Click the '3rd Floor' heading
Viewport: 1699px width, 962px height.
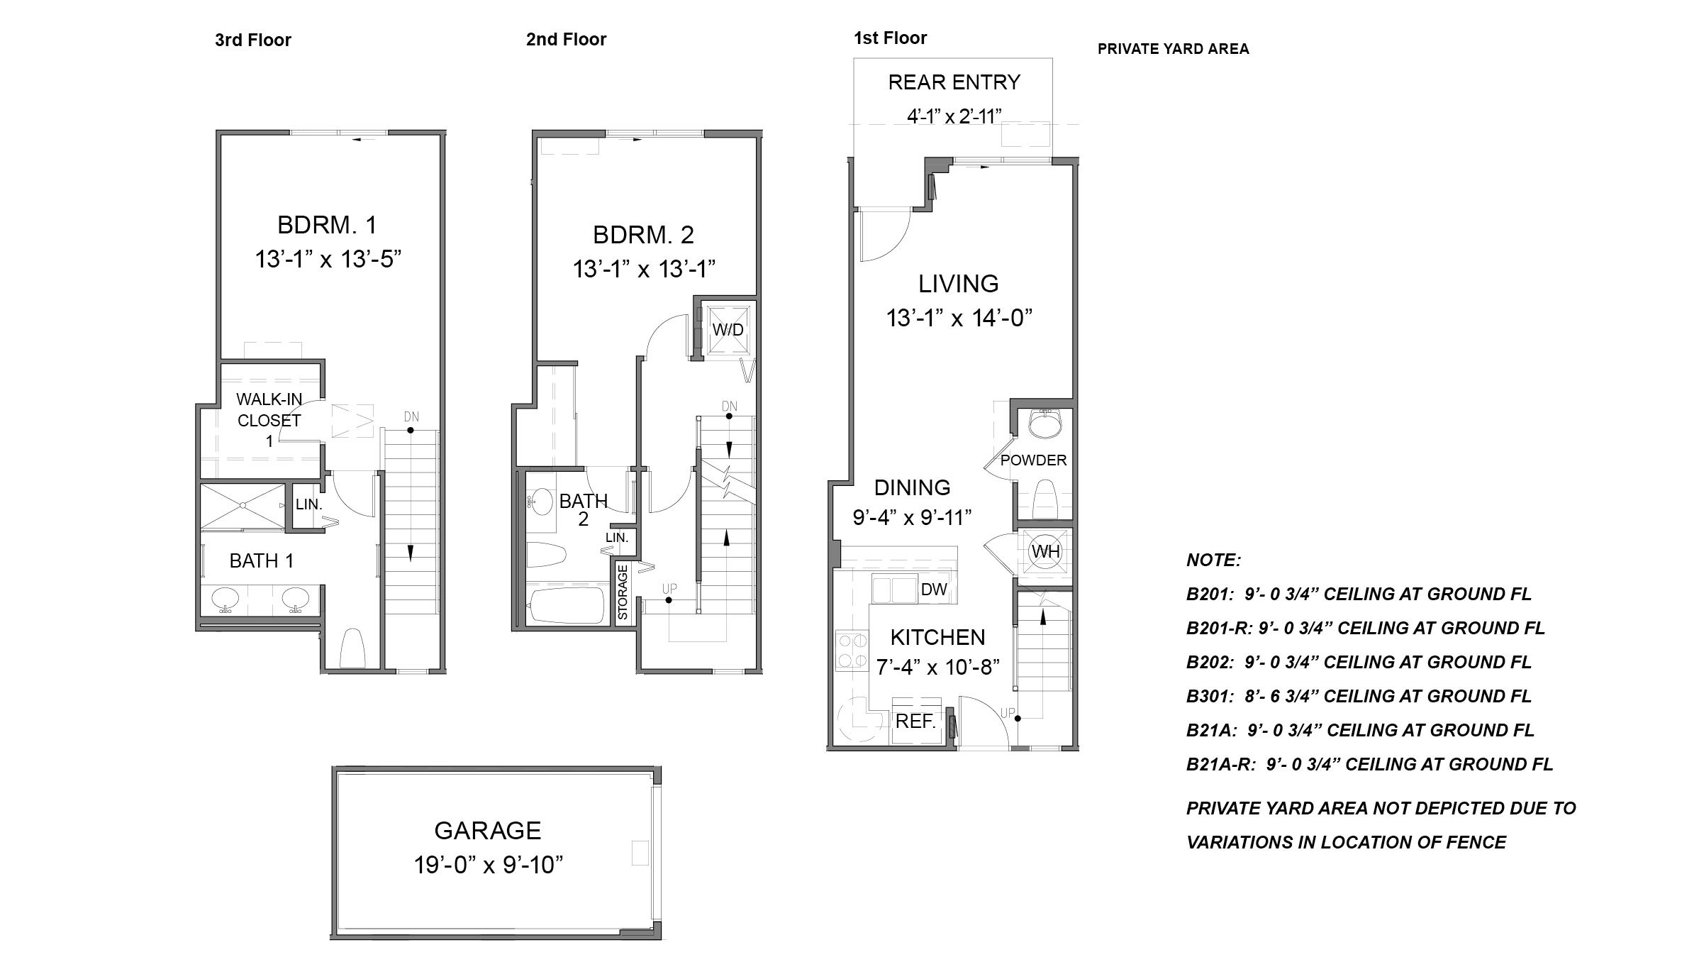252,40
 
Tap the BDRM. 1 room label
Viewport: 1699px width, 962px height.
326,225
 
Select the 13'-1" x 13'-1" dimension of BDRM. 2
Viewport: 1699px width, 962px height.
643,269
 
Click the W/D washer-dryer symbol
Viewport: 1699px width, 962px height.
728,330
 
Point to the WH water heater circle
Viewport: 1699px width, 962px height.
1045,551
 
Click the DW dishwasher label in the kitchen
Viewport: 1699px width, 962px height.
934,589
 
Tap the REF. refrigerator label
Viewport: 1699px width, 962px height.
915,721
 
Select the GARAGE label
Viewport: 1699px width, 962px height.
487,830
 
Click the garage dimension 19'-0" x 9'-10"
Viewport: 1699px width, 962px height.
488,865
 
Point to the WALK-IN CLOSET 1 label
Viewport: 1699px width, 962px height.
269,420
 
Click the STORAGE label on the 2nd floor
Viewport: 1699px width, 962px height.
623,592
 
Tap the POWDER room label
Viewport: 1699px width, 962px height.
1033,460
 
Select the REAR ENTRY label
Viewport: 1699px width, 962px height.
954,82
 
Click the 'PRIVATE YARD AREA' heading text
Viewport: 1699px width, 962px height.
1173,49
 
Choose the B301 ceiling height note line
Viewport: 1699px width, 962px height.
1359,696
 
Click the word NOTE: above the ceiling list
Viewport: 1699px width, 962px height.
1213,560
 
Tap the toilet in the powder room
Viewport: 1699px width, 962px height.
1045,499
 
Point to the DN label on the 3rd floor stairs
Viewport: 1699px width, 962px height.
411,416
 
